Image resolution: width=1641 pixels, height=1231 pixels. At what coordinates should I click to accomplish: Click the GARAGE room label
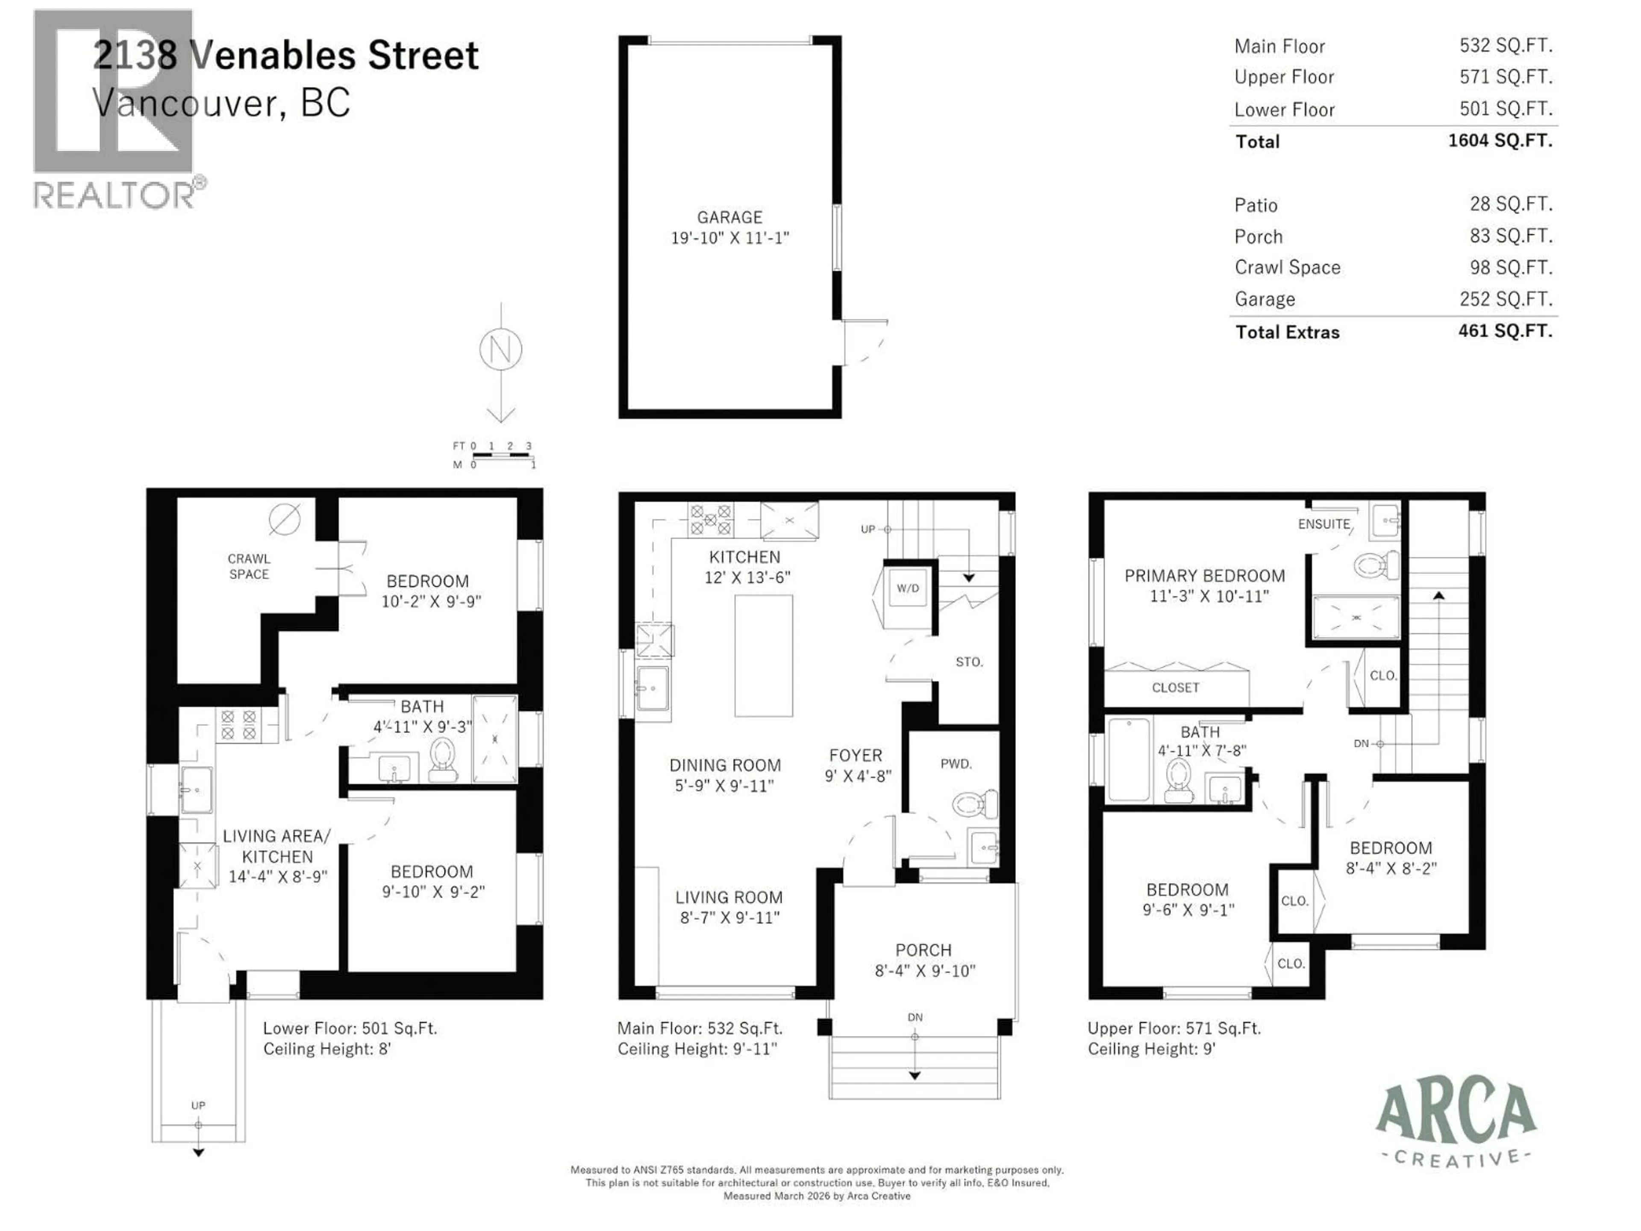729,218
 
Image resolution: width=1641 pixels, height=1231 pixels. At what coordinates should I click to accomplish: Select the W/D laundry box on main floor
907,589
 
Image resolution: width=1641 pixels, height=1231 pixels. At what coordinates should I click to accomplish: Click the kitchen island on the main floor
763,655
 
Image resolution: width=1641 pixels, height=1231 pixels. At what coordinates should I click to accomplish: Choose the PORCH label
923,950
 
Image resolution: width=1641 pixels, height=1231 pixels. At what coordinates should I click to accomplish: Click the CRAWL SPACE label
249,566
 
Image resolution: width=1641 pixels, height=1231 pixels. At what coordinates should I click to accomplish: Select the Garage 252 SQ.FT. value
1510,299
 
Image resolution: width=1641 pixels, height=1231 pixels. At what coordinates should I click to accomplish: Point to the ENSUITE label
1323,524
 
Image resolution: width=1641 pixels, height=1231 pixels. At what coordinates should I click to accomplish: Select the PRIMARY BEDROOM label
1204,576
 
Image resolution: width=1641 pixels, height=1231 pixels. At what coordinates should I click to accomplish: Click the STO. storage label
969,662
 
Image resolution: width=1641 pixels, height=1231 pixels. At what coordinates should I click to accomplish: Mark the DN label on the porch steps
915,1017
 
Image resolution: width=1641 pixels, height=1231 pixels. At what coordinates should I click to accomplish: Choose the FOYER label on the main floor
856,755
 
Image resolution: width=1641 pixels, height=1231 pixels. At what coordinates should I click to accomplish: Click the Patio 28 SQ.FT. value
1510,204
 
